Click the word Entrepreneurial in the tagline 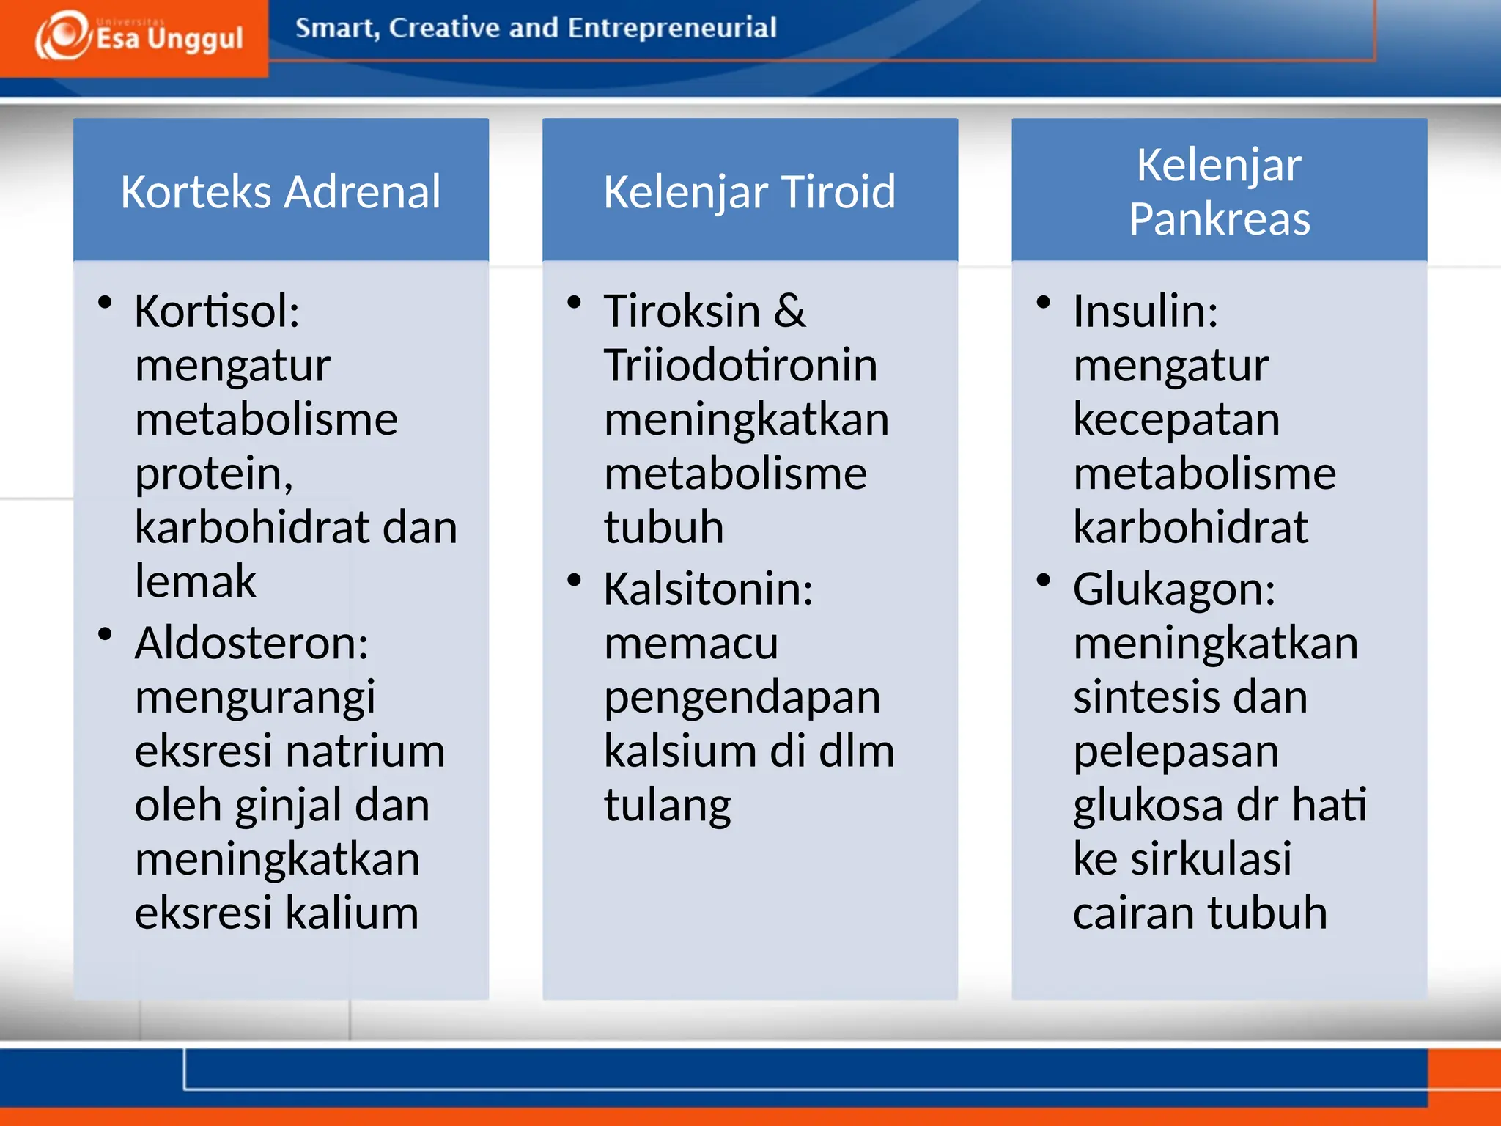point(671,28)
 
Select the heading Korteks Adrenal point(281,192)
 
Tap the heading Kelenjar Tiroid point(749,192)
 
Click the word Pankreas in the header point(1219,219)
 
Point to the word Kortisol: point(217,311)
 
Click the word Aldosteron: point(251,643)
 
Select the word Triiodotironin point(740,365)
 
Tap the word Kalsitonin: point(708,589)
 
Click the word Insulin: point(1146,311)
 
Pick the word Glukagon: point(1174,589)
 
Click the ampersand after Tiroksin point(789,311)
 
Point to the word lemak point(195,581)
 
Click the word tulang point(667,805)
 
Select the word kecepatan point(1176,419)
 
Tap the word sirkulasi point(1211,858)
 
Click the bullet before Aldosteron point(105,634)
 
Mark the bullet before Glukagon point(1044,580)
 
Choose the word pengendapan point(742,697)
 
